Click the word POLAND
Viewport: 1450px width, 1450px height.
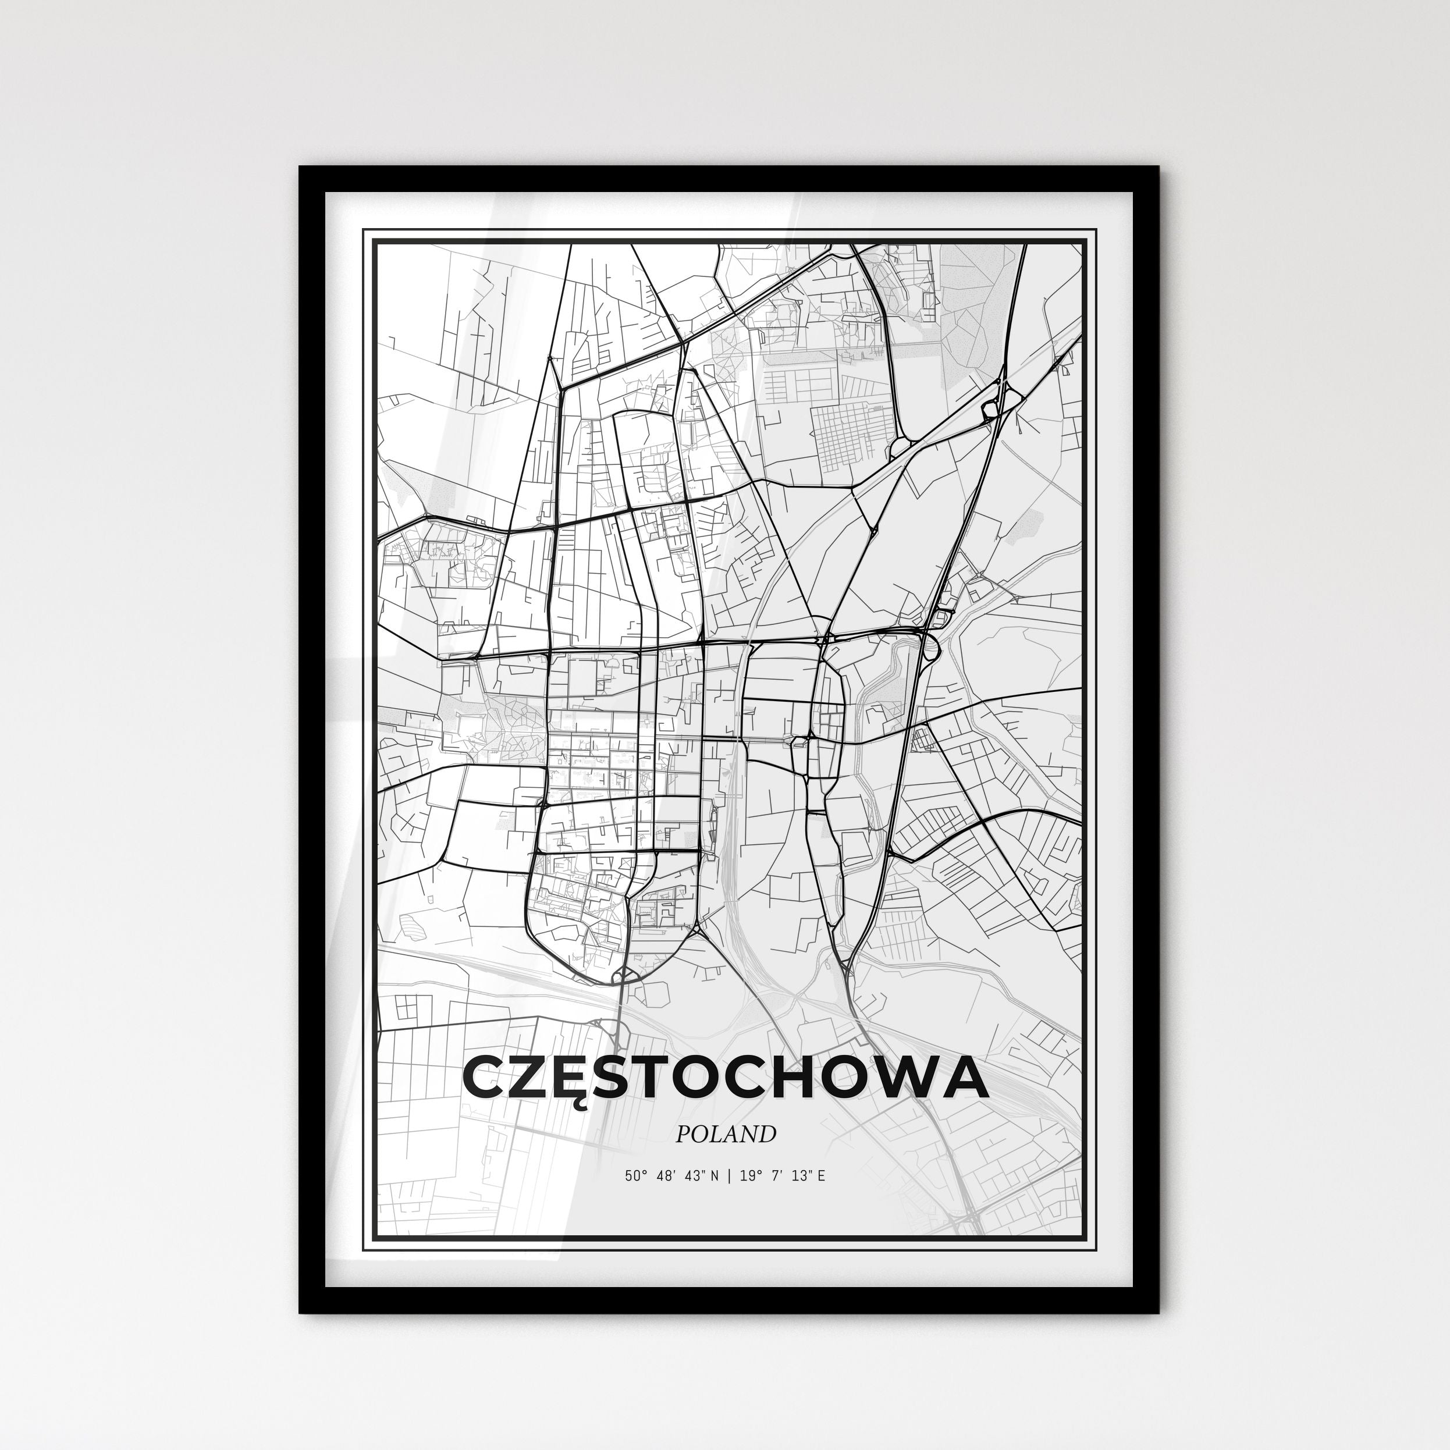(725, 1134)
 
